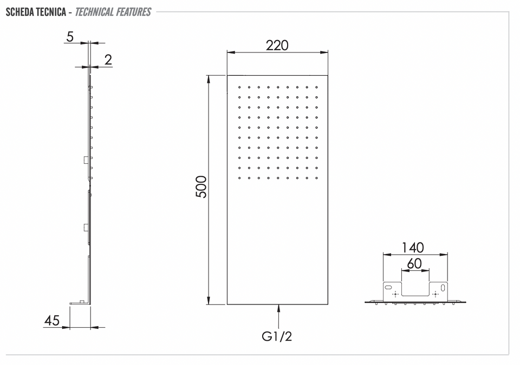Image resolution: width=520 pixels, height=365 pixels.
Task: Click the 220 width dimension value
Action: click(x=277, y=45)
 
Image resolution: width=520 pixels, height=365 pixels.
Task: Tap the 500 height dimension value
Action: click(x=201, y=187)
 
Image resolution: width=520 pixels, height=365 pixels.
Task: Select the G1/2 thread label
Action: click(x=277, y=336)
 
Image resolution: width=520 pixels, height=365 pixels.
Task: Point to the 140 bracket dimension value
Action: click(x=413, y=248)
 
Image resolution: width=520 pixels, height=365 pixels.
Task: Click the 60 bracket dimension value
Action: click(x=414, y=264)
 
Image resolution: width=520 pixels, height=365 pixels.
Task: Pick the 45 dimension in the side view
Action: click(x=52, y=320)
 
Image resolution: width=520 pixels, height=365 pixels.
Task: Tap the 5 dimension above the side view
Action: click(x=70, y=37)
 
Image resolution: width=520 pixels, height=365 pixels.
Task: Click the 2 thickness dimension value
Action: click(x=108, y=59)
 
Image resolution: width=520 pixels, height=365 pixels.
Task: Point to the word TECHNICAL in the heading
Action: click(x=94, y=12)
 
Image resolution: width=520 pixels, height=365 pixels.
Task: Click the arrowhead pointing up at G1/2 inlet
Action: click(x=278, y=308)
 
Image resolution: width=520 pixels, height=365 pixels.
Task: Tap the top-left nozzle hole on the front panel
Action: click(x=239, y=88)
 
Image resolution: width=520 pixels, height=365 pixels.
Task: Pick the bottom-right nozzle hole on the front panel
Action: click(x=317, y=178)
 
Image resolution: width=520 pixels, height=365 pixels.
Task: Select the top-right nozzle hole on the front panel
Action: click(x=317, y=88)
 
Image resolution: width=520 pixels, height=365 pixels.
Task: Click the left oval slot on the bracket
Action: click(x=388, y=287)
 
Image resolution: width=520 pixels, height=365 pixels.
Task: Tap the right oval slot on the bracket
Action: click(x=443, y=288)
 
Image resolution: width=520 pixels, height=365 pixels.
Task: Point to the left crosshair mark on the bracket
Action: click(x=395, y=294)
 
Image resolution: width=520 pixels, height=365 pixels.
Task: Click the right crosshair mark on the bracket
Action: click(x=435, y=294)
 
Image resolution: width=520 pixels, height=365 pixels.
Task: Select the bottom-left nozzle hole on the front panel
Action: click(x=239, y=178)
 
